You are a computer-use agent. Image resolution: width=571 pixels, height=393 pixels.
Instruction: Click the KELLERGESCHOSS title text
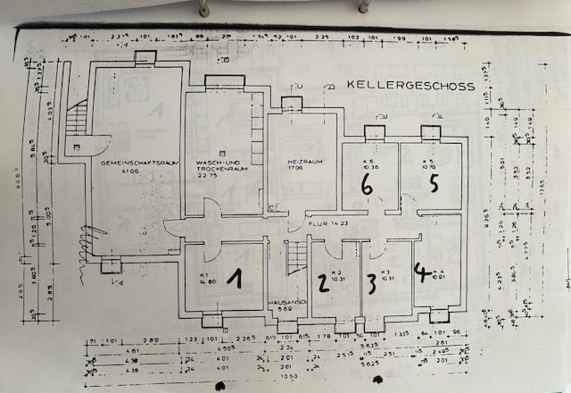tap(411, 86)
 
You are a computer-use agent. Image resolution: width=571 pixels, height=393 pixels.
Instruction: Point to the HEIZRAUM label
tap(297, 163)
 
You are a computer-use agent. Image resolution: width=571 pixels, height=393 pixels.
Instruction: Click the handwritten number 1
tap(237, 279)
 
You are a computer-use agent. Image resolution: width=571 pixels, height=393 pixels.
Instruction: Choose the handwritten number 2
tap(323, 283)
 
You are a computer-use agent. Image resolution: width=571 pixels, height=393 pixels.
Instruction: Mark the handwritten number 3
tap(371, 284)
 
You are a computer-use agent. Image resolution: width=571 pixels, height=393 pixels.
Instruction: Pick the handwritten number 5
tap(433, 184)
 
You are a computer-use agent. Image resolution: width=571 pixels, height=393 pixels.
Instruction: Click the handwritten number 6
tap(367, 187)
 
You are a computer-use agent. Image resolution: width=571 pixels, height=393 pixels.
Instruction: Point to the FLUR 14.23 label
tap(322, 224)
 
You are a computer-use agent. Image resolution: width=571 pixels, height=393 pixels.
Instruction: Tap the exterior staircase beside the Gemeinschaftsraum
tap(76, 119)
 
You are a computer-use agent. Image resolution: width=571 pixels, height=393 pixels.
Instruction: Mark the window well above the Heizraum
tap(291, 104)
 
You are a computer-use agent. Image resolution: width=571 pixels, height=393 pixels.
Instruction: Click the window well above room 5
tap(430, 133)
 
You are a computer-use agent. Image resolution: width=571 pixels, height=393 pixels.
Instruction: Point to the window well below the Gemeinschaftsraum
tap(111, 266)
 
